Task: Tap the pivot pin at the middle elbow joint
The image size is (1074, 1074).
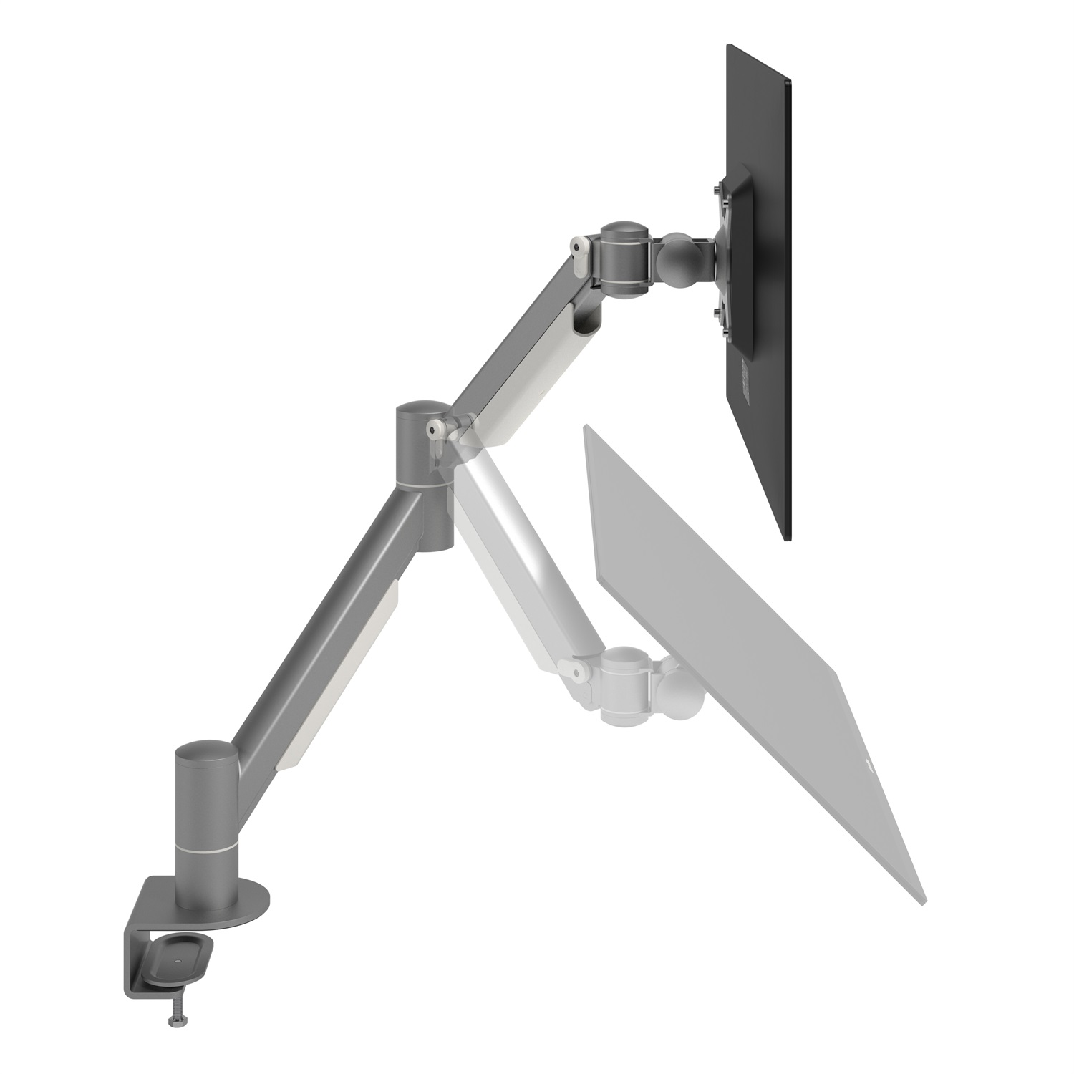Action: point(432,428)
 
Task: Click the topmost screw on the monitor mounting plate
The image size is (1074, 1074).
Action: point(717,189)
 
